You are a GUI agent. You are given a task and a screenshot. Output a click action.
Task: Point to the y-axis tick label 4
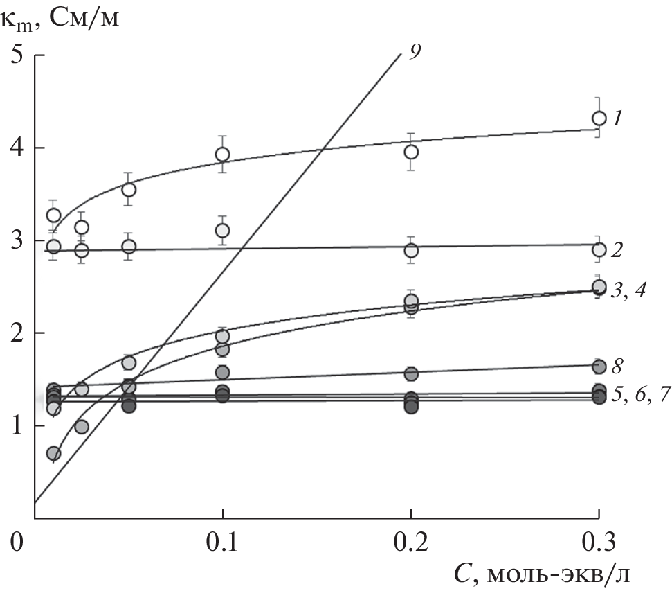pyautogui.click(x=15, y=148)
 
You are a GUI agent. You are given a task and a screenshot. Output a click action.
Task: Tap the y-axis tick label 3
pyautogui.click(x=15, y=240)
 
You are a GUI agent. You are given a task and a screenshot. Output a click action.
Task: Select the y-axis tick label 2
pyautogui.click(x=15, y=333)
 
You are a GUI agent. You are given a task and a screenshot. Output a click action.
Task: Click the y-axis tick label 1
pyautogui.click(x=15, y=426)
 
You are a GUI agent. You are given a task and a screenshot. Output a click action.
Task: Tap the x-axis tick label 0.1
pyautogui.click(x=222, y=540)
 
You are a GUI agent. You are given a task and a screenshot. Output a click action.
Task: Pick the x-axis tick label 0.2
pyautogui.click(x=410, y=540)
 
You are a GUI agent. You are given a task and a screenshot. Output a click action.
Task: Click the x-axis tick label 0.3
pyautogui.click(x=599, y=540)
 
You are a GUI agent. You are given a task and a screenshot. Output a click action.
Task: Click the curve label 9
pyautogui.click(x=415, y=51)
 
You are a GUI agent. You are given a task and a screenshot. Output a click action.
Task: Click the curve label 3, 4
pyautogui.click(x=628, y=290)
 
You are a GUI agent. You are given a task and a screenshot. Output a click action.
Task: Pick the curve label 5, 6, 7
pyautogui.click(x=637, y=396)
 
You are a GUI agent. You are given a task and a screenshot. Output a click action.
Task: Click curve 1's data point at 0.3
pyautogui.click(x=599, y=118)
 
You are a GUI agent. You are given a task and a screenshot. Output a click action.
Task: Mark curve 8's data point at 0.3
pyautogui.click(x=599, y=366)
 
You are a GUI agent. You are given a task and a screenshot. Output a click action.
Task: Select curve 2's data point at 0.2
pyautogui.click(x=411, y=250)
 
